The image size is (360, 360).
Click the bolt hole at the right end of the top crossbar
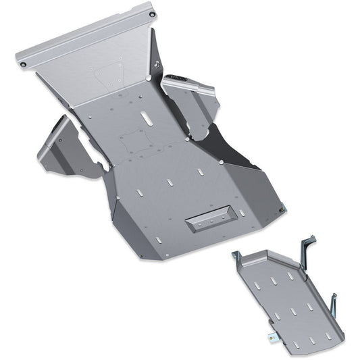click(152, 14)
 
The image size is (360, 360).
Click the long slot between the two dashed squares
click(145, 119)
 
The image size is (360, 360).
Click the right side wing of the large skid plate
click(192, 101)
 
